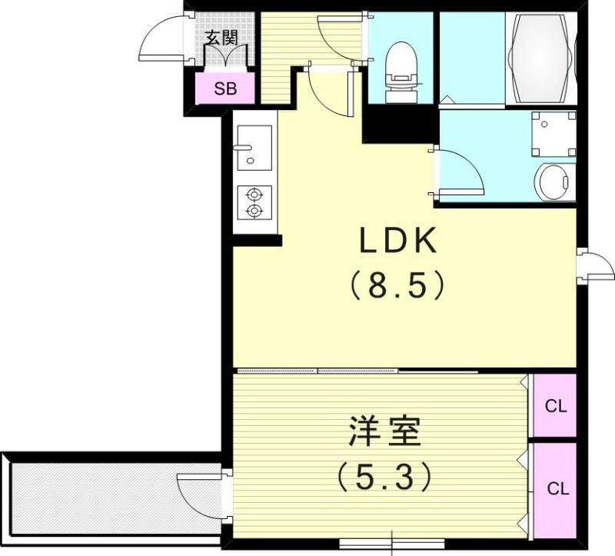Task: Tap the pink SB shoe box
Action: coord(224,88)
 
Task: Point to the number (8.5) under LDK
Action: coord(398,286)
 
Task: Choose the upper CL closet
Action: coord(555,406)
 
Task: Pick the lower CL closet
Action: coord(555,489)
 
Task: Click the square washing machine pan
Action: coord(553,133)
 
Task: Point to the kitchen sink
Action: coord(254,148)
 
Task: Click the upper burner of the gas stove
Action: coord(254,193)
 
